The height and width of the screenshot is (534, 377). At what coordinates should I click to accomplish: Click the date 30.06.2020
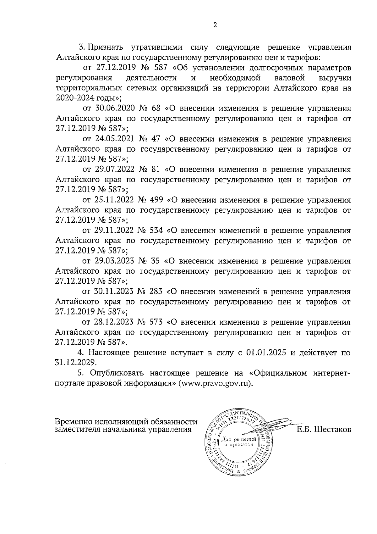115,108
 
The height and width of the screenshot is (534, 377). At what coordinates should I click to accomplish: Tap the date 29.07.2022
115,170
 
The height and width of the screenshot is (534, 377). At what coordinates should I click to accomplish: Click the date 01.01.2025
266,353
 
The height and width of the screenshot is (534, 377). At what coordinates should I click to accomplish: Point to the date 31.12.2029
75,363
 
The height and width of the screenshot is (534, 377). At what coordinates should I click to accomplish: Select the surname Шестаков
332,430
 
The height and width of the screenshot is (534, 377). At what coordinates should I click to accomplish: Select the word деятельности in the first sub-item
151,78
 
